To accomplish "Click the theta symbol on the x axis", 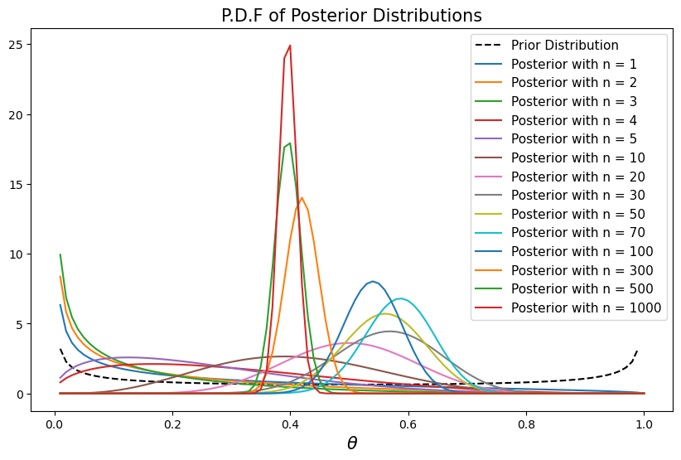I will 352,443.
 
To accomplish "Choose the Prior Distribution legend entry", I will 564,46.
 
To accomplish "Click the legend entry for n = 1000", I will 586,308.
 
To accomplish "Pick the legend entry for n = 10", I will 578,157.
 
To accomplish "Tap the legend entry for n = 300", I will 582,270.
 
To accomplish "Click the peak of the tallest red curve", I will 290,46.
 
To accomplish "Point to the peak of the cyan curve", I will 401,298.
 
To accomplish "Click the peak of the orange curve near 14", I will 302,197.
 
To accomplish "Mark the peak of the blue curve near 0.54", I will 373,282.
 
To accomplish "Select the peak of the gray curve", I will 389,332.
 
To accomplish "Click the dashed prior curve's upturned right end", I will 637,351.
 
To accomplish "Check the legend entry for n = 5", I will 575,139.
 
